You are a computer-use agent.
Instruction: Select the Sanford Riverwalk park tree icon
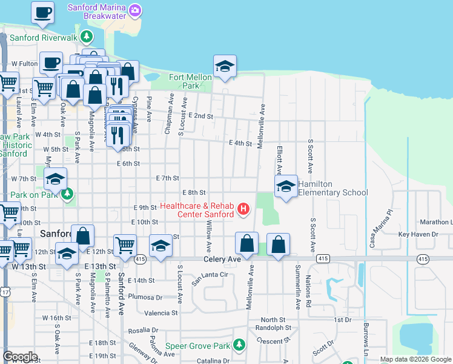click(87, 37)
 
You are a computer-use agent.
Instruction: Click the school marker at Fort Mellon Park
click(225, 66)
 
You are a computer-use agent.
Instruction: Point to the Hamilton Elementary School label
click(332, 188)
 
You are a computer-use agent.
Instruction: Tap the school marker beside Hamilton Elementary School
click(286, 186)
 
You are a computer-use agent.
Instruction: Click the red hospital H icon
click(243, 210)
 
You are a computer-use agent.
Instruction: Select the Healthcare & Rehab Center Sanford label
click(197, 210)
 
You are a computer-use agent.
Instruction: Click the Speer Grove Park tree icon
click(240, 345)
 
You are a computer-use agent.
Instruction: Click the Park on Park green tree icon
click(68, 194)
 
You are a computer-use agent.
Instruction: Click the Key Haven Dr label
click(418, 234)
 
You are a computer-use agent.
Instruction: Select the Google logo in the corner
click(20, 357)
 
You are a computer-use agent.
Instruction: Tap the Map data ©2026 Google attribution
click(415, 359)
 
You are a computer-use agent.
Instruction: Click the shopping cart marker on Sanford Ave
click(125, 246)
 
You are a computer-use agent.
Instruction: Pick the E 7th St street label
click(168, 178)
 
